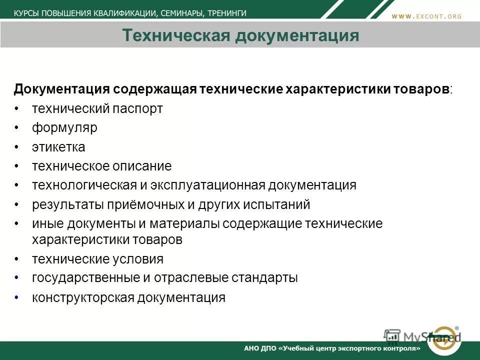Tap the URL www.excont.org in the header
pyautogui.click(x=426, y=16)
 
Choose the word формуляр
pyautogui.click(x=64, y=127)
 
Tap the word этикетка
pyautogui.click(x=58, y=147)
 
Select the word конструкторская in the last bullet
pyautogui.click(x=83, y=298)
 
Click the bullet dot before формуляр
pyautogui.click(x=17, y=128)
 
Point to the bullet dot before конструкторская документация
pyautogui.click(x=17, y=298)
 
